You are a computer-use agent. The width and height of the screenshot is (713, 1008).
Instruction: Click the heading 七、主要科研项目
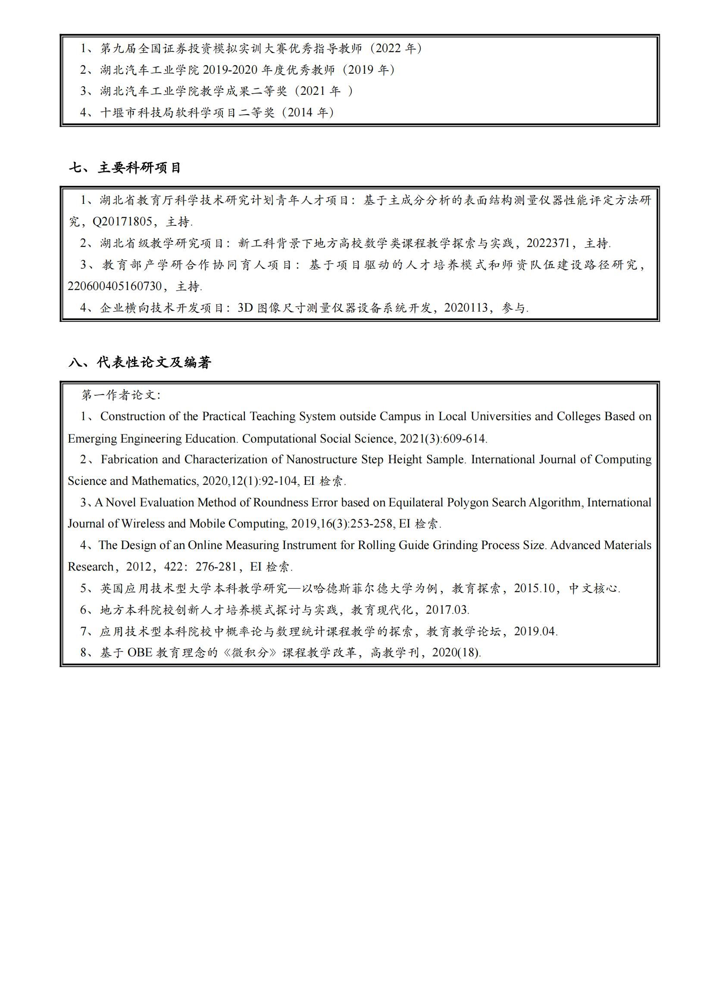pos(125,168)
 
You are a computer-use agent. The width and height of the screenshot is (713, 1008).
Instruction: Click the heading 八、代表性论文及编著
pos(140,362)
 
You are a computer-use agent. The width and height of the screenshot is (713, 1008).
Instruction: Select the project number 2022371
pos(548,243)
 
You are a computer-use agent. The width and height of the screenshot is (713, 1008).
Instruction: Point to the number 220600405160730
pos(115,286)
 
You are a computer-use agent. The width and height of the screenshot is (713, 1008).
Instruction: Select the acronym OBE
pos(140,652)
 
